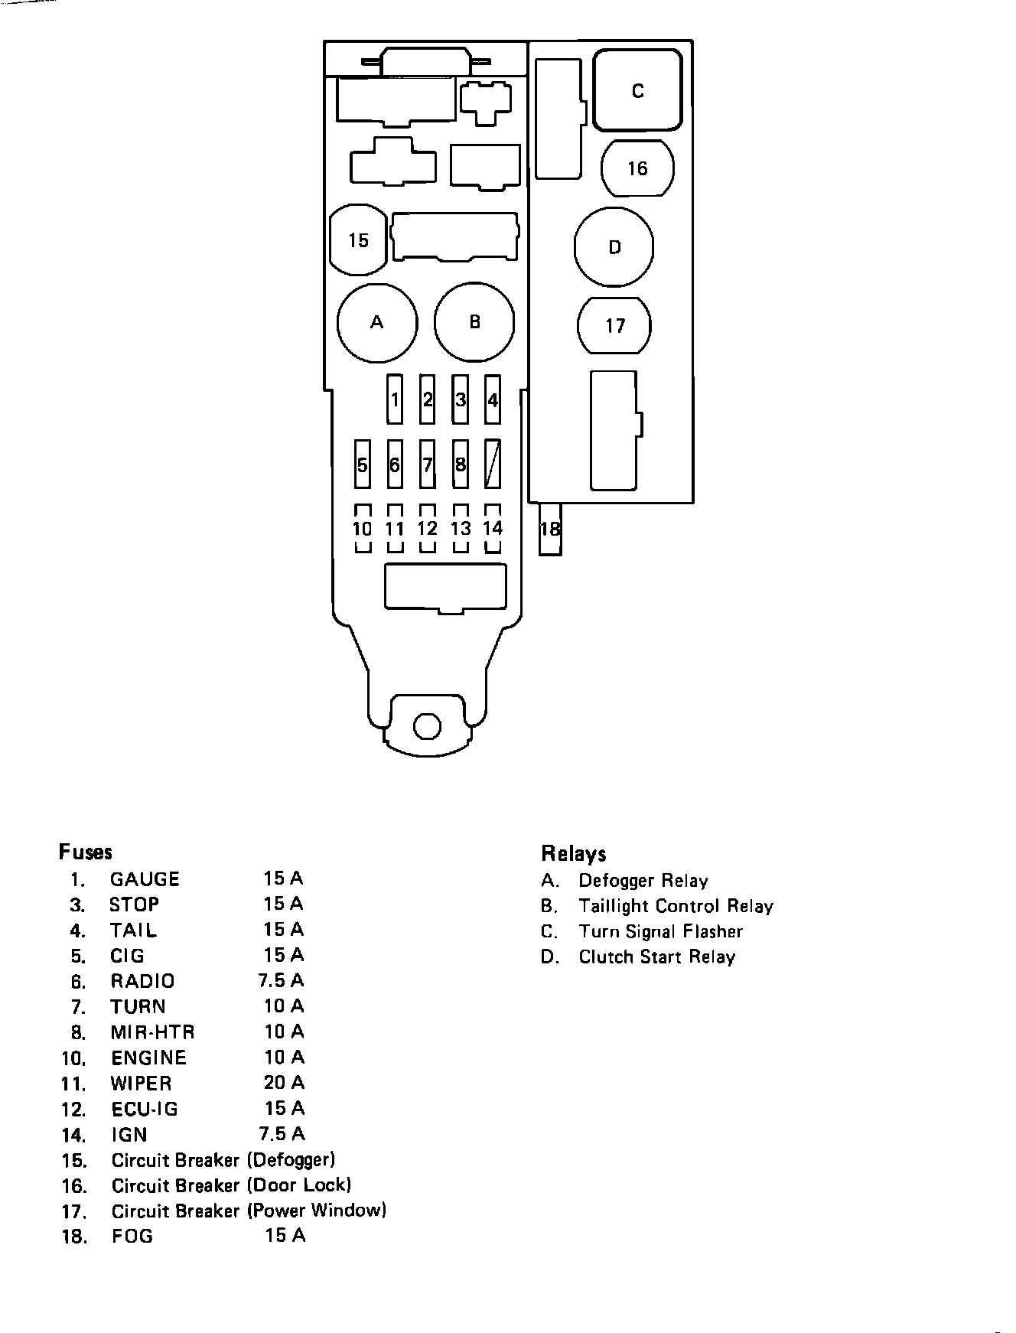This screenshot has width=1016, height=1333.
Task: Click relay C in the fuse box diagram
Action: (637, 90)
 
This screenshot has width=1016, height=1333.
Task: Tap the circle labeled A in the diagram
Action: (377, 322)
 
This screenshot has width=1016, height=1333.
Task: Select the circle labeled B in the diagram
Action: (474, 322)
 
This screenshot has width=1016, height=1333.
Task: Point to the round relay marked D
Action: (614, 247)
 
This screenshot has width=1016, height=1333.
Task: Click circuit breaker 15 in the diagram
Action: (358, 240)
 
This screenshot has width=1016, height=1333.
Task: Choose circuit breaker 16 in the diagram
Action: (637, 168)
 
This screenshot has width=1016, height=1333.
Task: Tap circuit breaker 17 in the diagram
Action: (614, 326)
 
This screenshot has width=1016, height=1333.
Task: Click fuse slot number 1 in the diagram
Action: (395, 399)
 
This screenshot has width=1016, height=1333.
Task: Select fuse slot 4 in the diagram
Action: (493, 399)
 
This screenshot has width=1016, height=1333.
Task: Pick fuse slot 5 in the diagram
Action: (363, 464)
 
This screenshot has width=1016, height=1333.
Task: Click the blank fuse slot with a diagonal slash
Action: (493, 464)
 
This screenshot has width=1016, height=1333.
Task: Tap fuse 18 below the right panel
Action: (550, 529)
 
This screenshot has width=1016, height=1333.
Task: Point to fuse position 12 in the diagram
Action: (428, 529)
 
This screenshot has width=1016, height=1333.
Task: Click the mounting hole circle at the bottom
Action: (427, 725)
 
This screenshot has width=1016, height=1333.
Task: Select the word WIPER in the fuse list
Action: (142, 1084)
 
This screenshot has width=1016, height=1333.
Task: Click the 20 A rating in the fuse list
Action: (284, 1082)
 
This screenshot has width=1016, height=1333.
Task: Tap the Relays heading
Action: (574, 854)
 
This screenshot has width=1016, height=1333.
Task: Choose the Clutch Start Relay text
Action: (656, 957)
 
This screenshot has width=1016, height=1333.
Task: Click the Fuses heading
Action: (86, 852)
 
